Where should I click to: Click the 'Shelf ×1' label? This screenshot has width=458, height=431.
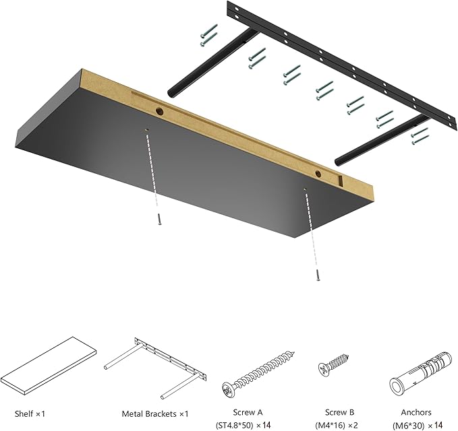(x=28, y=413)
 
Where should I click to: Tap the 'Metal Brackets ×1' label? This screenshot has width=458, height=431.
(x=155, y=413)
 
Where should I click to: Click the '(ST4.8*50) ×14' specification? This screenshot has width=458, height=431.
(x=253, y=424)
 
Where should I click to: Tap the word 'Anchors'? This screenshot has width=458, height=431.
(x=416, y=412)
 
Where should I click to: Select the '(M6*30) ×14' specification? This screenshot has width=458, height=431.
(x=418, y=424)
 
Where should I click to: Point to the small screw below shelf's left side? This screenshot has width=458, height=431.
(x=159, y=220)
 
